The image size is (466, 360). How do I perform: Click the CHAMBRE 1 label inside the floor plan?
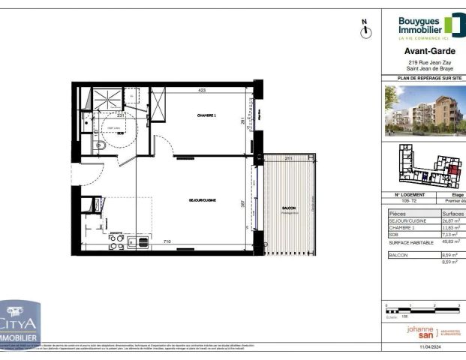coord(206,115)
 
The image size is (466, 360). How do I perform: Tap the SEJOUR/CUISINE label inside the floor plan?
coord(203,200)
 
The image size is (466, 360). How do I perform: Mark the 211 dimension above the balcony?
coord(289,158)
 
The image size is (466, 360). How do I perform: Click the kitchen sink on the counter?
coord(139,242)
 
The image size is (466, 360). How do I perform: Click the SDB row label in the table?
coord(395,233)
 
